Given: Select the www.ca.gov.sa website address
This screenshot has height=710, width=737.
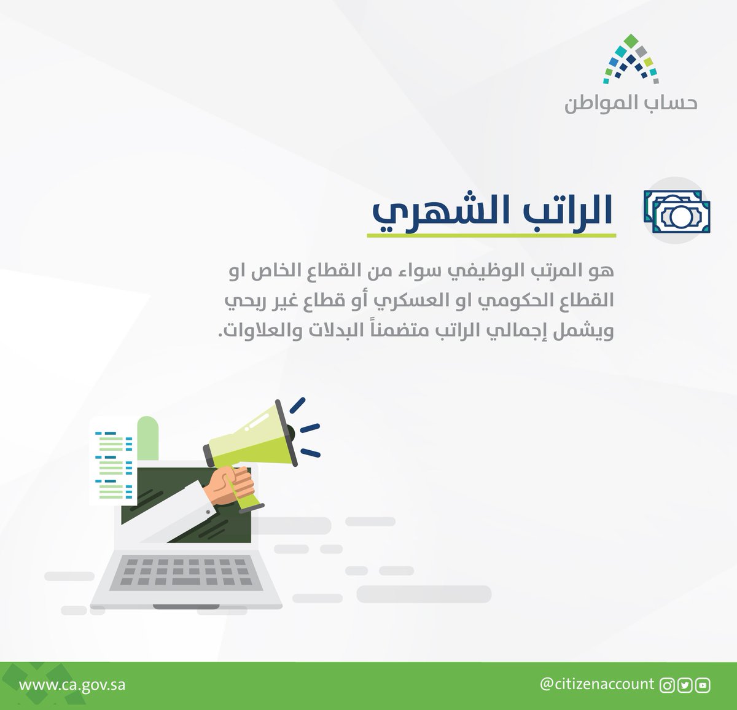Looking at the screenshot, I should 72,685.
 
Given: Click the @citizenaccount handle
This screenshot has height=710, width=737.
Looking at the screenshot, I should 597,684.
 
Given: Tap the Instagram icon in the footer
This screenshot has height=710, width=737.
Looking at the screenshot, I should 667,685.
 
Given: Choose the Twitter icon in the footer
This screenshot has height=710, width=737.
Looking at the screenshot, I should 685,685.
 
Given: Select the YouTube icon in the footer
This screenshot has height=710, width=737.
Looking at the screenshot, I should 703,685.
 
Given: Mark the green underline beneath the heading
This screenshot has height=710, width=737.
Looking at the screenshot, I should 491,235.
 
